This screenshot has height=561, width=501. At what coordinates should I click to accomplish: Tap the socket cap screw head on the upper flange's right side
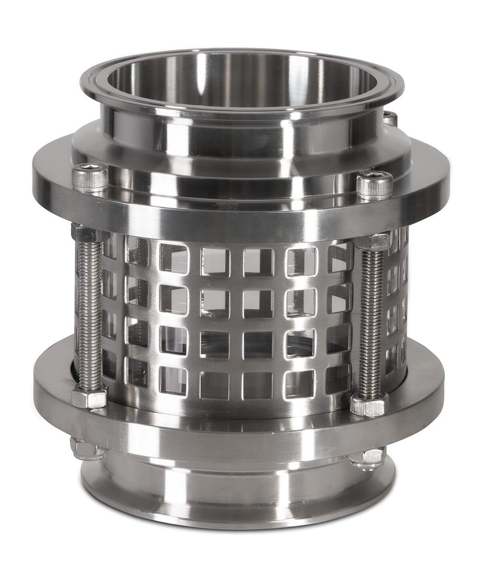coord(369,183)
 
